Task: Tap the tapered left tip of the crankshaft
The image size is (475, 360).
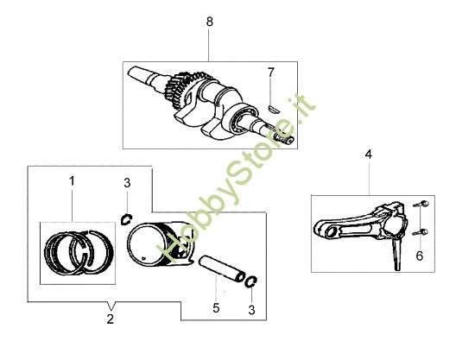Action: point(134,73)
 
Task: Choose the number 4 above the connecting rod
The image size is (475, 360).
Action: point(369,155)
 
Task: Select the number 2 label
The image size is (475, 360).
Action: point(110,319)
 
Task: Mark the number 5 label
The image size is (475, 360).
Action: point(216,307)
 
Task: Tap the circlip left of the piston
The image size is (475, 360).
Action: point(126,219)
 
